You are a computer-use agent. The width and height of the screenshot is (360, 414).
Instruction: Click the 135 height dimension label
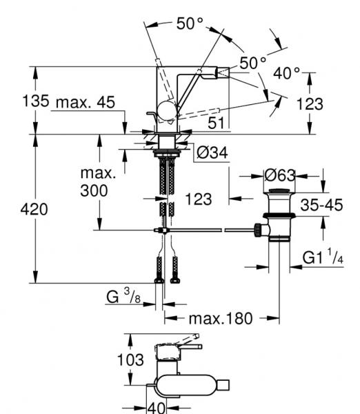(36, 101)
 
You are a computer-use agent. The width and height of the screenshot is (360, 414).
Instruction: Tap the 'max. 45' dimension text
(86, 102)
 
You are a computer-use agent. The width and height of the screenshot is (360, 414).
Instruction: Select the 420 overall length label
(34, 209)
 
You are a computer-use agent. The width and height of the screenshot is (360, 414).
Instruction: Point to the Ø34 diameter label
(212, 152)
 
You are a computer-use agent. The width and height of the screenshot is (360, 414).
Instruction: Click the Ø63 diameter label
(280, 175)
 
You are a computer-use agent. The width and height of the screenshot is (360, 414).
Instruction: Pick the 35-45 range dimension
(322, 205)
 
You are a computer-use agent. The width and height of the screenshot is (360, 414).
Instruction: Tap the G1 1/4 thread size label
(323, 257)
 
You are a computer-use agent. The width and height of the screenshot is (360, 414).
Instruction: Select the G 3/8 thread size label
(123, 297)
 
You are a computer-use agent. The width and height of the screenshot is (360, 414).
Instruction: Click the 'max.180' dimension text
(221, 318)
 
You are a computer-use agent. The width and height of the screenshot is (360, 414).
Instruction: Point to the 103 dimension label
(130, 359)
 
